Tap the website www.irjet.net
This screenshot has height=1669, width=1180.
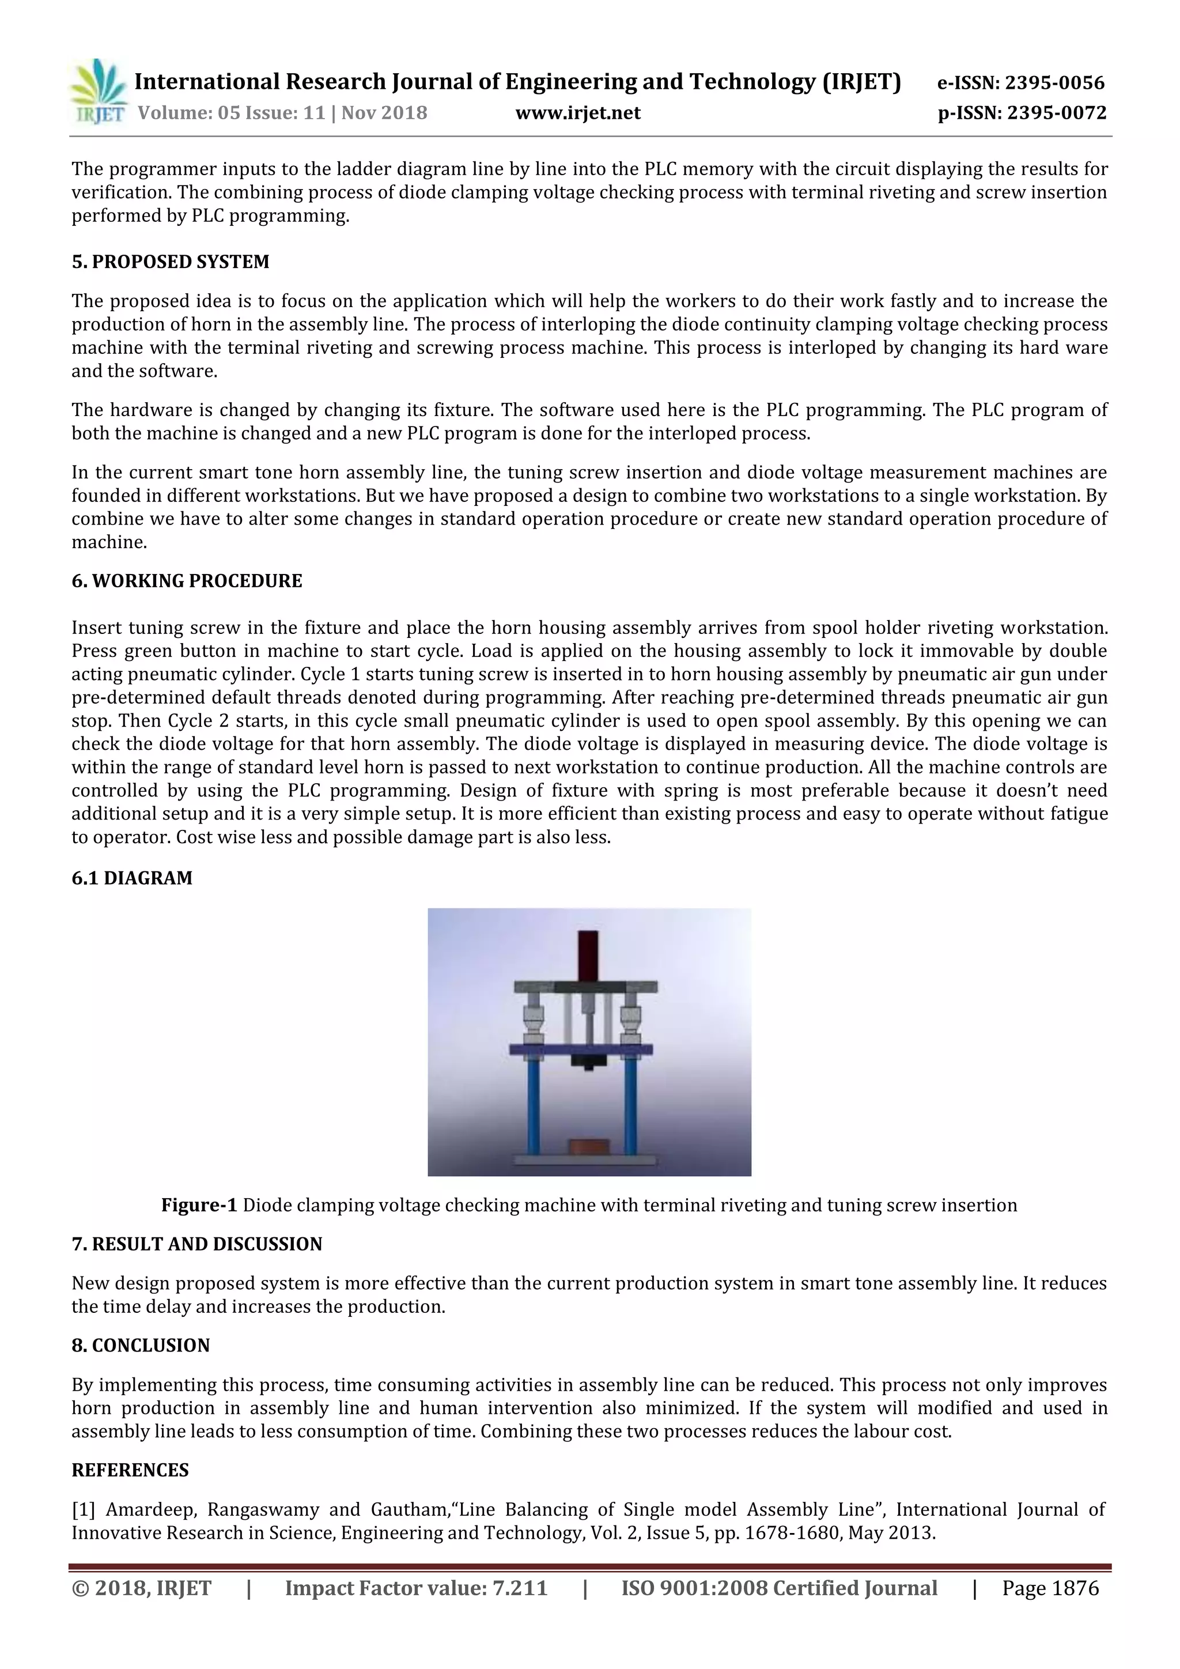(578, 113)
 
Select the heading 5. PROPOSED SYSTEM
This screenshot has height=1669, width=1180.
(170, 262)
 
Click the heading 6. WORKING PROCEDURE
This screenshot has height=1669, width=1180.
(187, 581)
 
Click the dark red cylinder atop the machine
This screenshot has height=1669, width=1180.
(588, 954)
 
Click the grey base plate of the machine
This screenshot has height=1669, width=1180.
(585, 1159)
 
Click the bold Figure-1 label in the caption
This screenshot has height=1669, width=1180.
(199, 1205)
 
